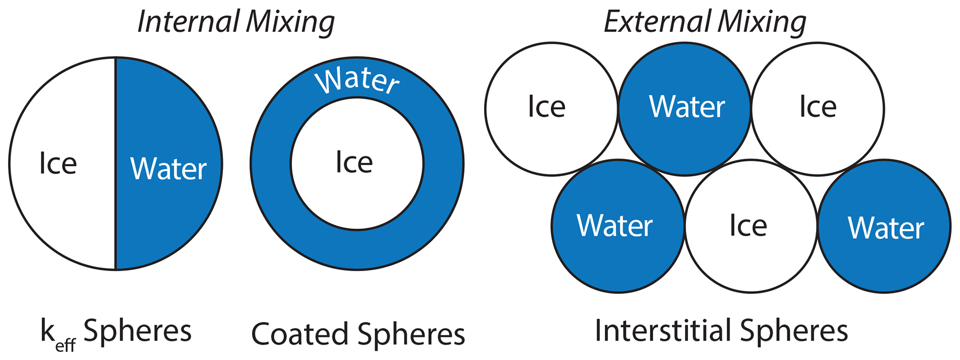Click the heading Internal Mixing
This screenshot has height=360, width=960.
tap(236, 22)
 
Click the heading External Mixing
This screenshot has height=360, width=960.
tap(705, 22)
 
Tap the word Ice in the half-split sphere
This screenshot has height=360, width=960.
tap(58, 164)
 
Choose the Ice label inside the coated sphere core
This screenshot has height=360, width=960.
tap(354, 163)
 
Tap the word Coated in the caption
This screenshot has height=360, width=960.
tap(300, 334)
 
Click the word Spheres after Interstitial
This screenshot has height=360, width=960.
tap(794, 331)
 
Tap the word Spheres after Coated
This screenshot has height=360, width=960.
tap(411, 334)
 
